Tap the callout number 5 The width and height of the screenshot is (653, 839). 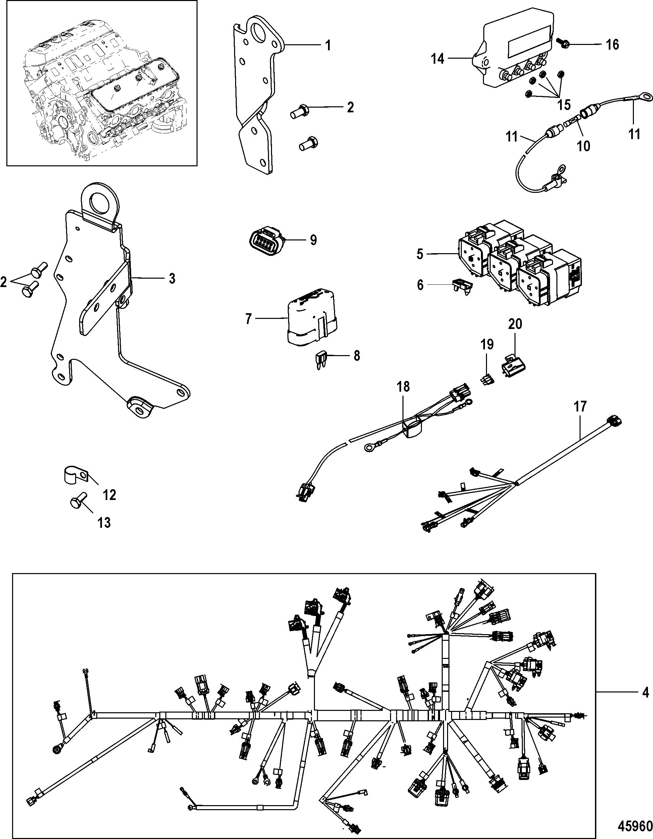[420, 254]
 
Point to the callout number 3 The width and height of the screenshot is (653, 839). [172, 279]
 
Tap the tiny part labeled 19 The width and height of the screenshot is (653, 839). [487, 381]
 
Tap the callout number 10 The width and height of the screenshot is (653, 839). [584, 146]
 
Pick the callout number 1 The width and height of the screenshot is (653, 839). [328, 45]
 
